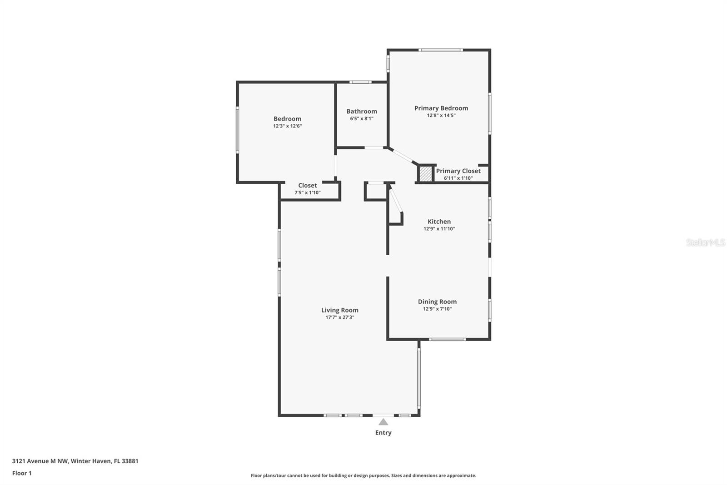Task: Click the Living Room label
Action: pos(339,310)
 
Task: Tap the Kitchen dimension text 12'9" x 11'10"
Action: pos(439,229)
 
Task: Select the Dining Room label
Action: pos(437,302)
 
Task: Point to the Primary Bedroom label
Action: pos(441,108)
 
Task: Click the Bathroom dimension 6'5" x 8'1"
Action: pos(361,119)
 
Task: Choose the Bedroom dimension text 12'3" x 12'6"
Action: pos(287,126)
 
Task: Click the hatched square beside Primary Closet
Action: pos(425,173)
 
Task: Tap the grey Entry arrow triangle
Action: pos(383,422)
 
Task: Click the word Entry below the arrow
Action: pos(383,433)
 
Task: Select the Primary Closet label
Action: pos(458,171)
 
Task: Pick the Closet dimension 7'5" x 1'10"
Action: pos(307,192)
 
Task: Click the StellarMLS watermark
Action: pos(705,242)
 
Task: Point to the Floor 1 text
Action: pos(22,473)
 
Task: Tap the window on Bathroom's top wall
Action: pos(360,82)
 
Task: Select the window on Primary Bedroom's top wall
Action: pos(440,50)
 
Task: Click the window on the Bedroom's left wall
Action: pos(237,130)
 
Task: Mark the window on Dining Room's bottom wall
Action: pos(447,339)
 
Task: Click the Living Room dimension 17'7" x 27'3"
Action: pos(339,318)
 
